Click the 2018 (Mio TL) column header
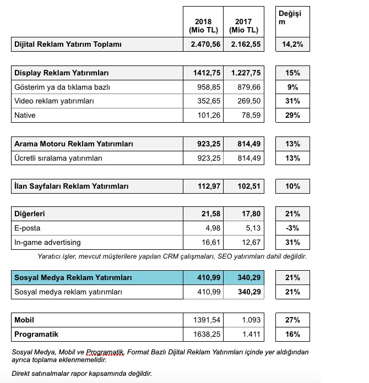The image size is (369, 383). (x=203, y=25)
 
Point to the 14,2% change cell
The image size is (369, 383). (x=292, y=45)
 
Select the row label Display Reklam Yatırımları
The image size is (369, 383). (x=61, y=73)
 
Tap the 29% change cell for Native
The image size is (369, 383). (x=292, y=116)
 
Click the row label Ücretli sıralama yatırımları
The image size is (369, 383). (x=58, y=158)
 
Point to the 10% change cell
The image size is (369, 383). (x=292, y=187)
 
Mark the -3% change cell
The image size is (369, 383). (x=292, y=228)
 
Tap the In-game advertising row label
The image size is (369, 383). (x=48, y=242)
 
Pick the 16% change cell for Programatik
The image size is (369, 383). (x=292, y=334)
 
